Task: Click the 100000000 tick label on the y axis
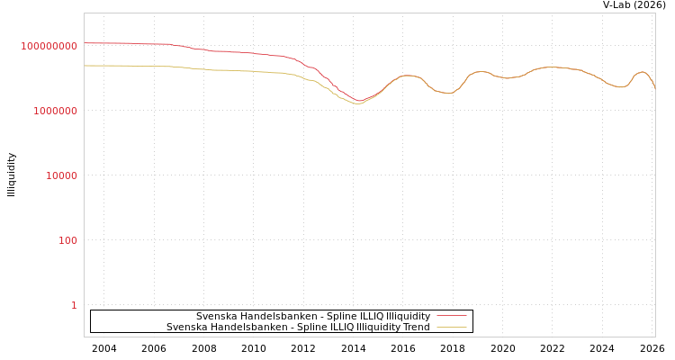coord(49,46)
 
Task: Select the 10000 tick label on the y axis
coord(61,175)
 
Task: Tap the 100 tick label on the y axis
coord(68,240)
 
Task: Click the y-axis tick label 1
coord(74,305)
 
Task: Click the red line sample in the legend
coord(451,317)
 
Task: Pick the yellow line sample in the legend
coord(451,328)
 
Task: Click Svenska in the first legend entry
coord(215,317)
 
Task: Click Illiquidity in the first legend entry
coord(408,317)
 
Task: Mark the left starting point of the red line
coord(85,43)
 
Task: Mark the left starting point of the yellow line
coord(85,66)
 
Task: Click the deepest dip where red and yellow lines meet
coord(359,103)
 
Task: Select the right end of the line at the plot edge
coord(655,88)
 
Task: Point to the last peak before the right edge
coord(641,72)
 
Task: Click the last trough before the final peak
coord(620,87)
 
